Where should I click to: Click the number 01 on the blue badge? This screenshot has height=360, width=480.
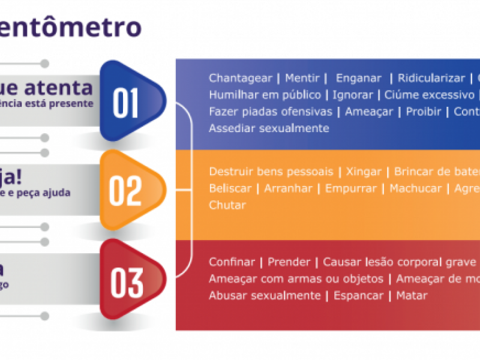(125, 103)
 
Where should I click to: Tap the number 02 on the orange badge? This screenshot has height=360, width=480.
(125, 191)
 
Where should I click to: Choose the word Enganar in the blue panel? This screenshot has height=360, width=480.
(358, 78)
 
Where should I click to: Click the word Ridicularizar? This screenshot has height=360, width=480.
(431, 78)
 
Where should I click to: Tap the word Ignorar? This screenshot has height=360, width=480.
(353, 95)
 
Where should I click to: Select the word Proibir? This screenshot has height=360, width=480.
(424, 112)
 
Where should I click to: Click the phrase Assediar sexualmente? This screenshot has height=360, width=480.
(269, 128)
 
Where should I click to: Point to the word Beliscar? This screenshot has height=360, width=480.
(229, 188)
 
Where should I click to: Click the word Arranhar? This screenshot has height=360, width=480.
(288, 188)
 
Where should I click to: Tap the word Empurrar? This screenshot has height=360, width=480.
(351, 188)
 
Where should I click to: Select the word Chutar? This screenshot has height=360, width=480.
(227, 205)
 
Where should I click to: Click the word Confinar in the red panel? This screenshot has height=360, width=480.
(231, 262)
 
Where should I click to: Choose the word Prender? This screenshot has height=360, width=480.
(289, 262)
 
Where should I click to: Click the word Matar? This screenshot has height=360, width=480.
(412, 296)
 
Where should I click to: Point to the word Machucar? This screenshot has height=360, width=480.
(415, 188)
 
